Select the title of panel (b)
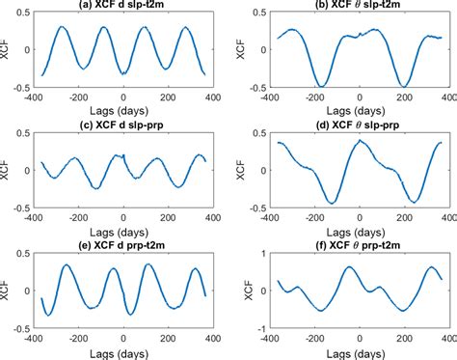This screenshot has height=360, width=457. [x=360, y=7]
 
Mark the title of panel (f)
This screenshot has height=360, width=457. [x=360, y=243]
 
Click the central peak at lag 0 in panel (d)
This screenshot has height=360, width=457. [x=360, y=141]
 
